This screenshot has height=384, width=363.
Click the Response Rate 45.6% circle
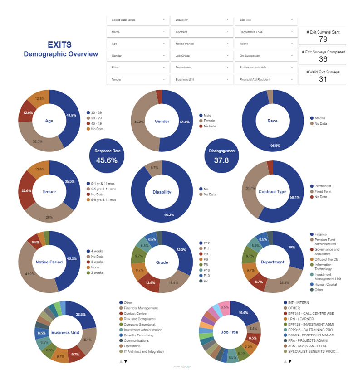(107, 156)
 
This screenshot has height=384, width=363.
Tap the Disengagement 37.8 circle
(221, 156)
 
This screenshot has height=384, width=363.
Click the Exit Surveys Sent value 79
(323, 39)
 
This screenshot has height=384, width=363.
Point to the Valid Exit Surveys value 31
(323, 79)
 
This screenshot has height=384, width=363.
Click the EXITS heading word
(59, 45)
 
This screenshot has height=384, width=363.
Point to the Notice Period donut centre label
(49, 262)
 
